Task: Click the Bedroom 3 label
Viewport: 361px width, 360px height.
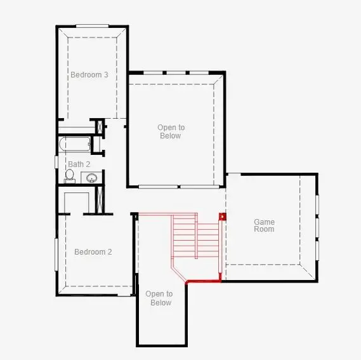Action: click(x=89, y=75)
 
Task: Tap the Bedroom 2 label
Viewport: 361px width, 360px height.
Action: click(x=93, y=251)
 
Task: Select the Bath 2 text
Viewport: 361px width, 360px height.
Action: click(x=79, y=164)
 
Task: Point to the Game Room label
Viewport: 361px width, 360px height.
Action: click(x=264, y=225)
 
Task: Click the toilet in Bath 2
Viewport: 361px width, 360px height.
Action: click(x=69, y=176)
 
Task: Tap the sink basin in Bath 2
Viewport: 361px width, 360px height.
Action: click(x=91, y=178)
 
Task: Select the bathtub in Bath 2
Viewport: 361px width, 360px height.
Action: click(x=75, y=144)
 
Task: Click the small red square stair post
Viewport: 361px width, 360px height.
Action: click(x=222, y=217)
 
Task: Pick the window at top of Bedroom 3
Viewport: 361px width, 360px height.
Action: click(x=93, y=26)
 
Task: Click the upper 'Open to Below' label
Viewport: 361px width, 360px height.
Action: click(x=171, y=131)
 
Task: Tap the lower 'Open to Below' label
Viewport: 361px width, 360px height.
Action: click(x=159, y=298)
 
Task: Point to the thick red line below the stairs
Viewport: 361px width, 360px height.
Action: click(x=203, y=281)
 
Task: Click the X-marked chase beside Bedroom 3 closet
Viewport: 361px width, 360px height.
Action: click(x=100, y=127)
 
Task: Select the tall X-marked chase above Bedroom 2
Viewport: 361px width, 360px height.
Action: click(x=100, y=199)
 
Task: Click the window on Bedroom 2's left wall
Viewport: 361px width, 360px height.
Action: click(x=56, y=255)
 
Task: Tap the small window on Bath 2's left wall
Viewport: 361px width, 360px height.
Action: click(x=56, y=162)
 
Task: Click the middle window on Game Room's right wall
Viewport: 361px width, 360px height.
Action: click(x=317, y=228)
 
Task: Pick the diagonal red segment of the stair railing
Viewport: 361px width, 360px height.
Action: click(x=179, y=274)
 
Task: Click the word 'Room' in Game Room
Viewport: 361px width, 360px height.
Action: click(x=264, y=229)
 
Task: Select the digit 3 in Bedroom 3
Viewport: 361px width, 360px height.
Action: click(x=106, y=75)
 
